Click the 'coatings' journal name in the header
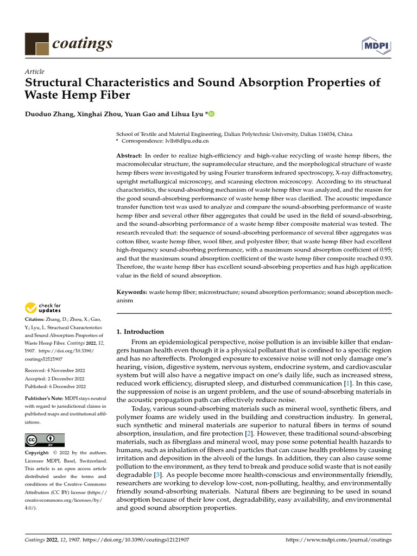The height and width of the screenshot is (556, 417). tap(83, 43)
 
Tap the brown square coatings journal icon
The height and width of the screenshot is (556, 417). tap(37, 44)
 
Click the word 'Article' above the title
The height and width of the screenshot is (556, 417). tap(35, 72)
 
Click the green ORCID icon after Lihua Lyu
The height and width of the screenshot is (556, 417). tap(211, 113)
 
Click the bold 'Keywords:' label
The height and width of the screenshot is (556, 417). tap(132, 292)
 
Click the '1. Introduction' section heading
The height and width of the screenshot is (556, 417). tap(141, 331)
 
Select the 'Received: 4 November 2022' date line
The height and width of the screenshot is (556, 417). tap(55, 370)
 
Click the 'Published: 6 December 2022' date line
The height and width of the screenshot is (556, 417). tap(55, 387)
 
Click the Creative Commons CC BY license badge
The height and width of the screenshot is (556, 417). tap(45, 440)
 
